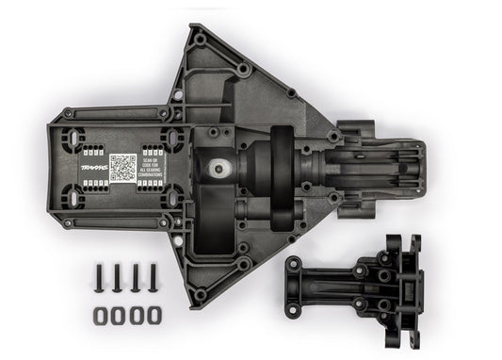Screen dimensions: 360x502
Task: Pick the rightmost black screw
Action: click(x=154, y=278)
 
